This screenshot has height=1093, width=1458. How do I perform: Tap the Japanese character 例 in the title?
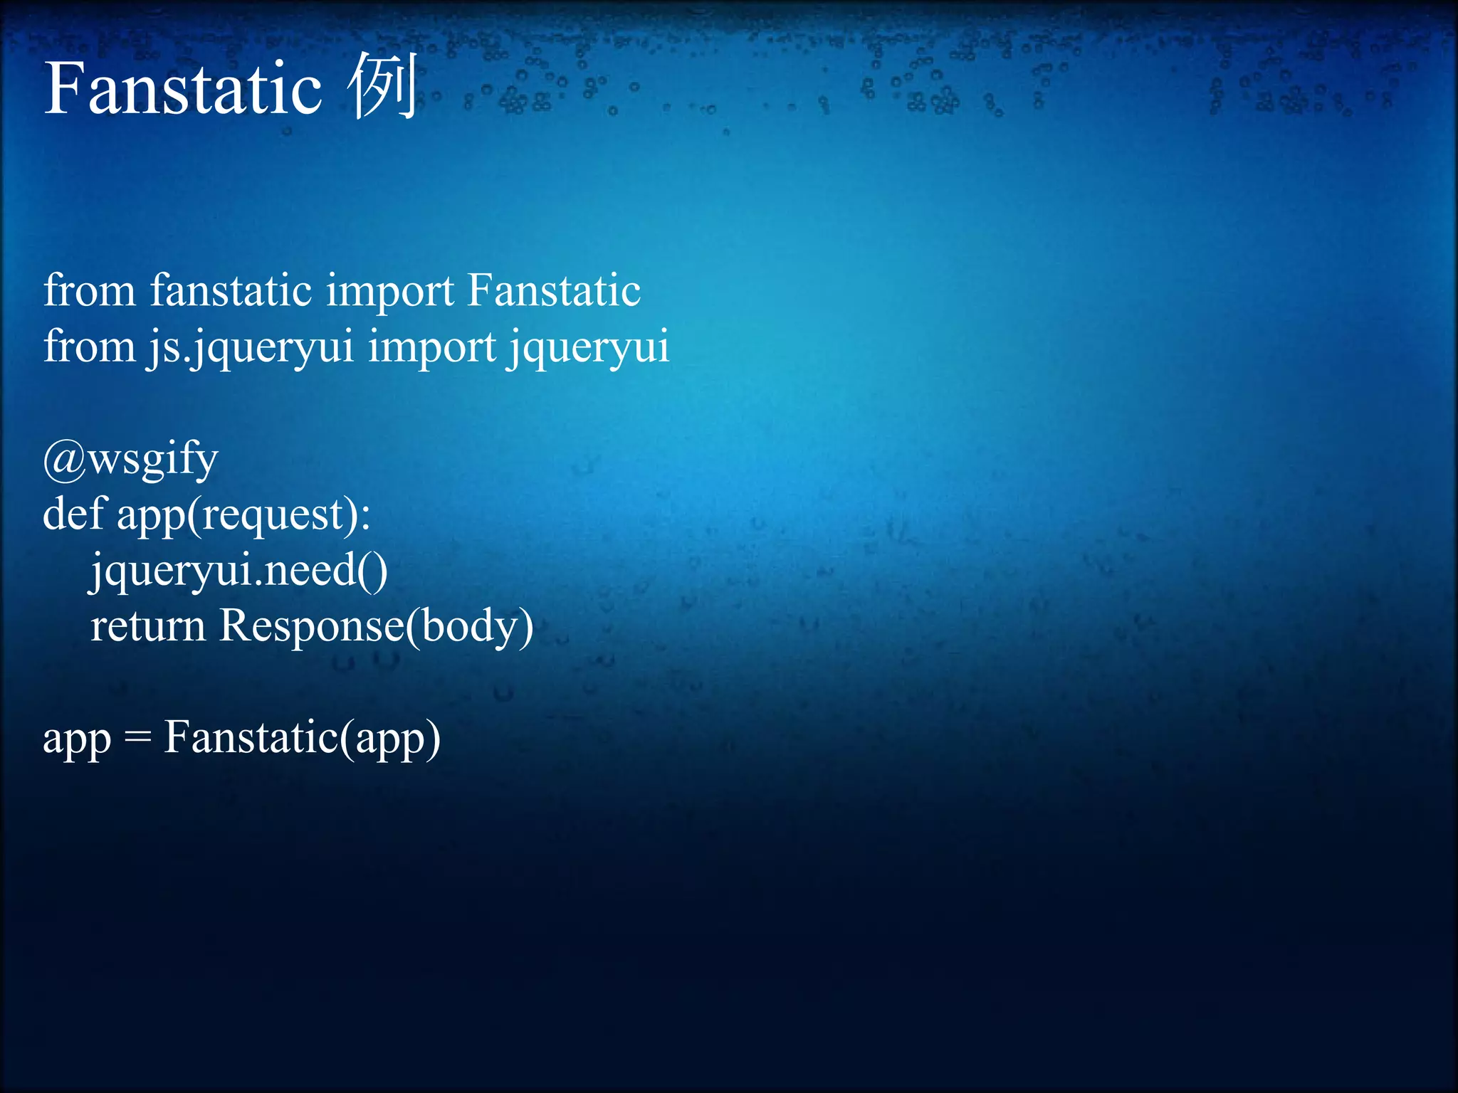(x=382, y=87)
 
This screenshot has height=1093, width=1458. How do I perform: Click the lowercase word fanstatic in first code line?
(x=231, y=291)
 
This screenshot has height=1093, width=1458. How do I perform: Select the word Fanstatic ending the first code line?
(x=554, y=291)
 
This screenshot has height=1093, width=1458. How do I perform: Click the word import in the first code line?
(x=390, y=292)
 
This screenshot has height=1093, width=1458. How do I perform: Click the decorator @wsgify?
(x=130, y=460)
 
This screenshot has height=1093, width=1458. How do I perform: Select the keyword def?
(x=73, y=514)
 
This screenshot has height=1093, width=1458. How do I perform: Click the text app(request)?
(x=243, y=515)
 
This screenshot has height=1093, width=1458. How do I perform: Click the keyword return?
(x=148, y=627)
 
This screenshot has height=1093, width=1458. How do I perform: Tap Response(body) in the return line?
(x=376, y=627)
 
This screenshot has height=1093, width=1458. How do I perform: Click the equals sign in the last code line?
(x=137, y=739)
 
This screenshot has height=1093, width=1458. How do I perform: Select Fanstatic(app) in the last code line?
(x=302, y=738)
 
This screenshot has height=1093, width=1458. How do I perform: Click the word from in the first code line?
(x=89, y=291)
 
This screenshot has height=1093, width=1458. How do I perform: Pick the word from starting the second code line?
(x=89, y=347)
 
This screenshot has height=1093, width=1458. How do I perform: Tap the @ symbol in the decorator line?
(x=64, y=460)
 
